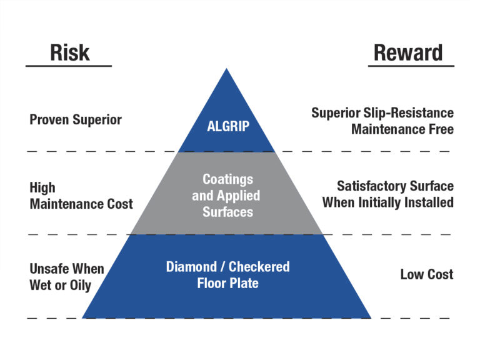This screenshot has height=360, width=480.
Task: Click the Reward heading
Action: click(x=408, y=52)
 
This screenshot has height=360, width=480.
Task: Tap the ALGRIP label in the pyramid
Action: click(x=228, y=126)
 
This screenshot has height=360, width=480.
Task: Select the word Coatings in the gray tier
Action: click(x=227, y=179)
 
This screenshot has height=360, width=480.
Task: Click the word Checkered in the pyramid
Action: click(x=259, y=267)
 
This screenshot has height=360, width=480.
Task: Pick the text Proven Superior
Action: click(x=76, y=119)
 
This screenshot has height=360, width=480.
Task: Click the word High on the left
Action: click(x=42, y=187)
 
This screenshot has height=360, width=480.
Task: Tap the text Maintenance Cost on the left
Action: click(x=81, y=204)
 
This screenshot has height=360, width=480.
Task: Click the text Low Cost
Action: click(x=427, y=274)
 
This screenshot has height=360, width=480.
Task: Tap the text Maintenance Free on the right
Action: click(x=402, y=129)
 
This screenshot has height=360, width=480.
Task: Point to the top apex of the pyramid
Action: click(x=226, y=69)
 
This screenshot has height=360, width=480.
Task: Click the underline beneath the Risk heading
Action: click(x=68, y=66)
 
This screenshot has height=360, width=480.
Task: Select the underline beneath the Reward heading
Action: click(x=411, y=66)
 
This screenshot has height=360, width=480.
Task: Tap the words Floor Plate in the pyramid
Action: click(x=227, y=283)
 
